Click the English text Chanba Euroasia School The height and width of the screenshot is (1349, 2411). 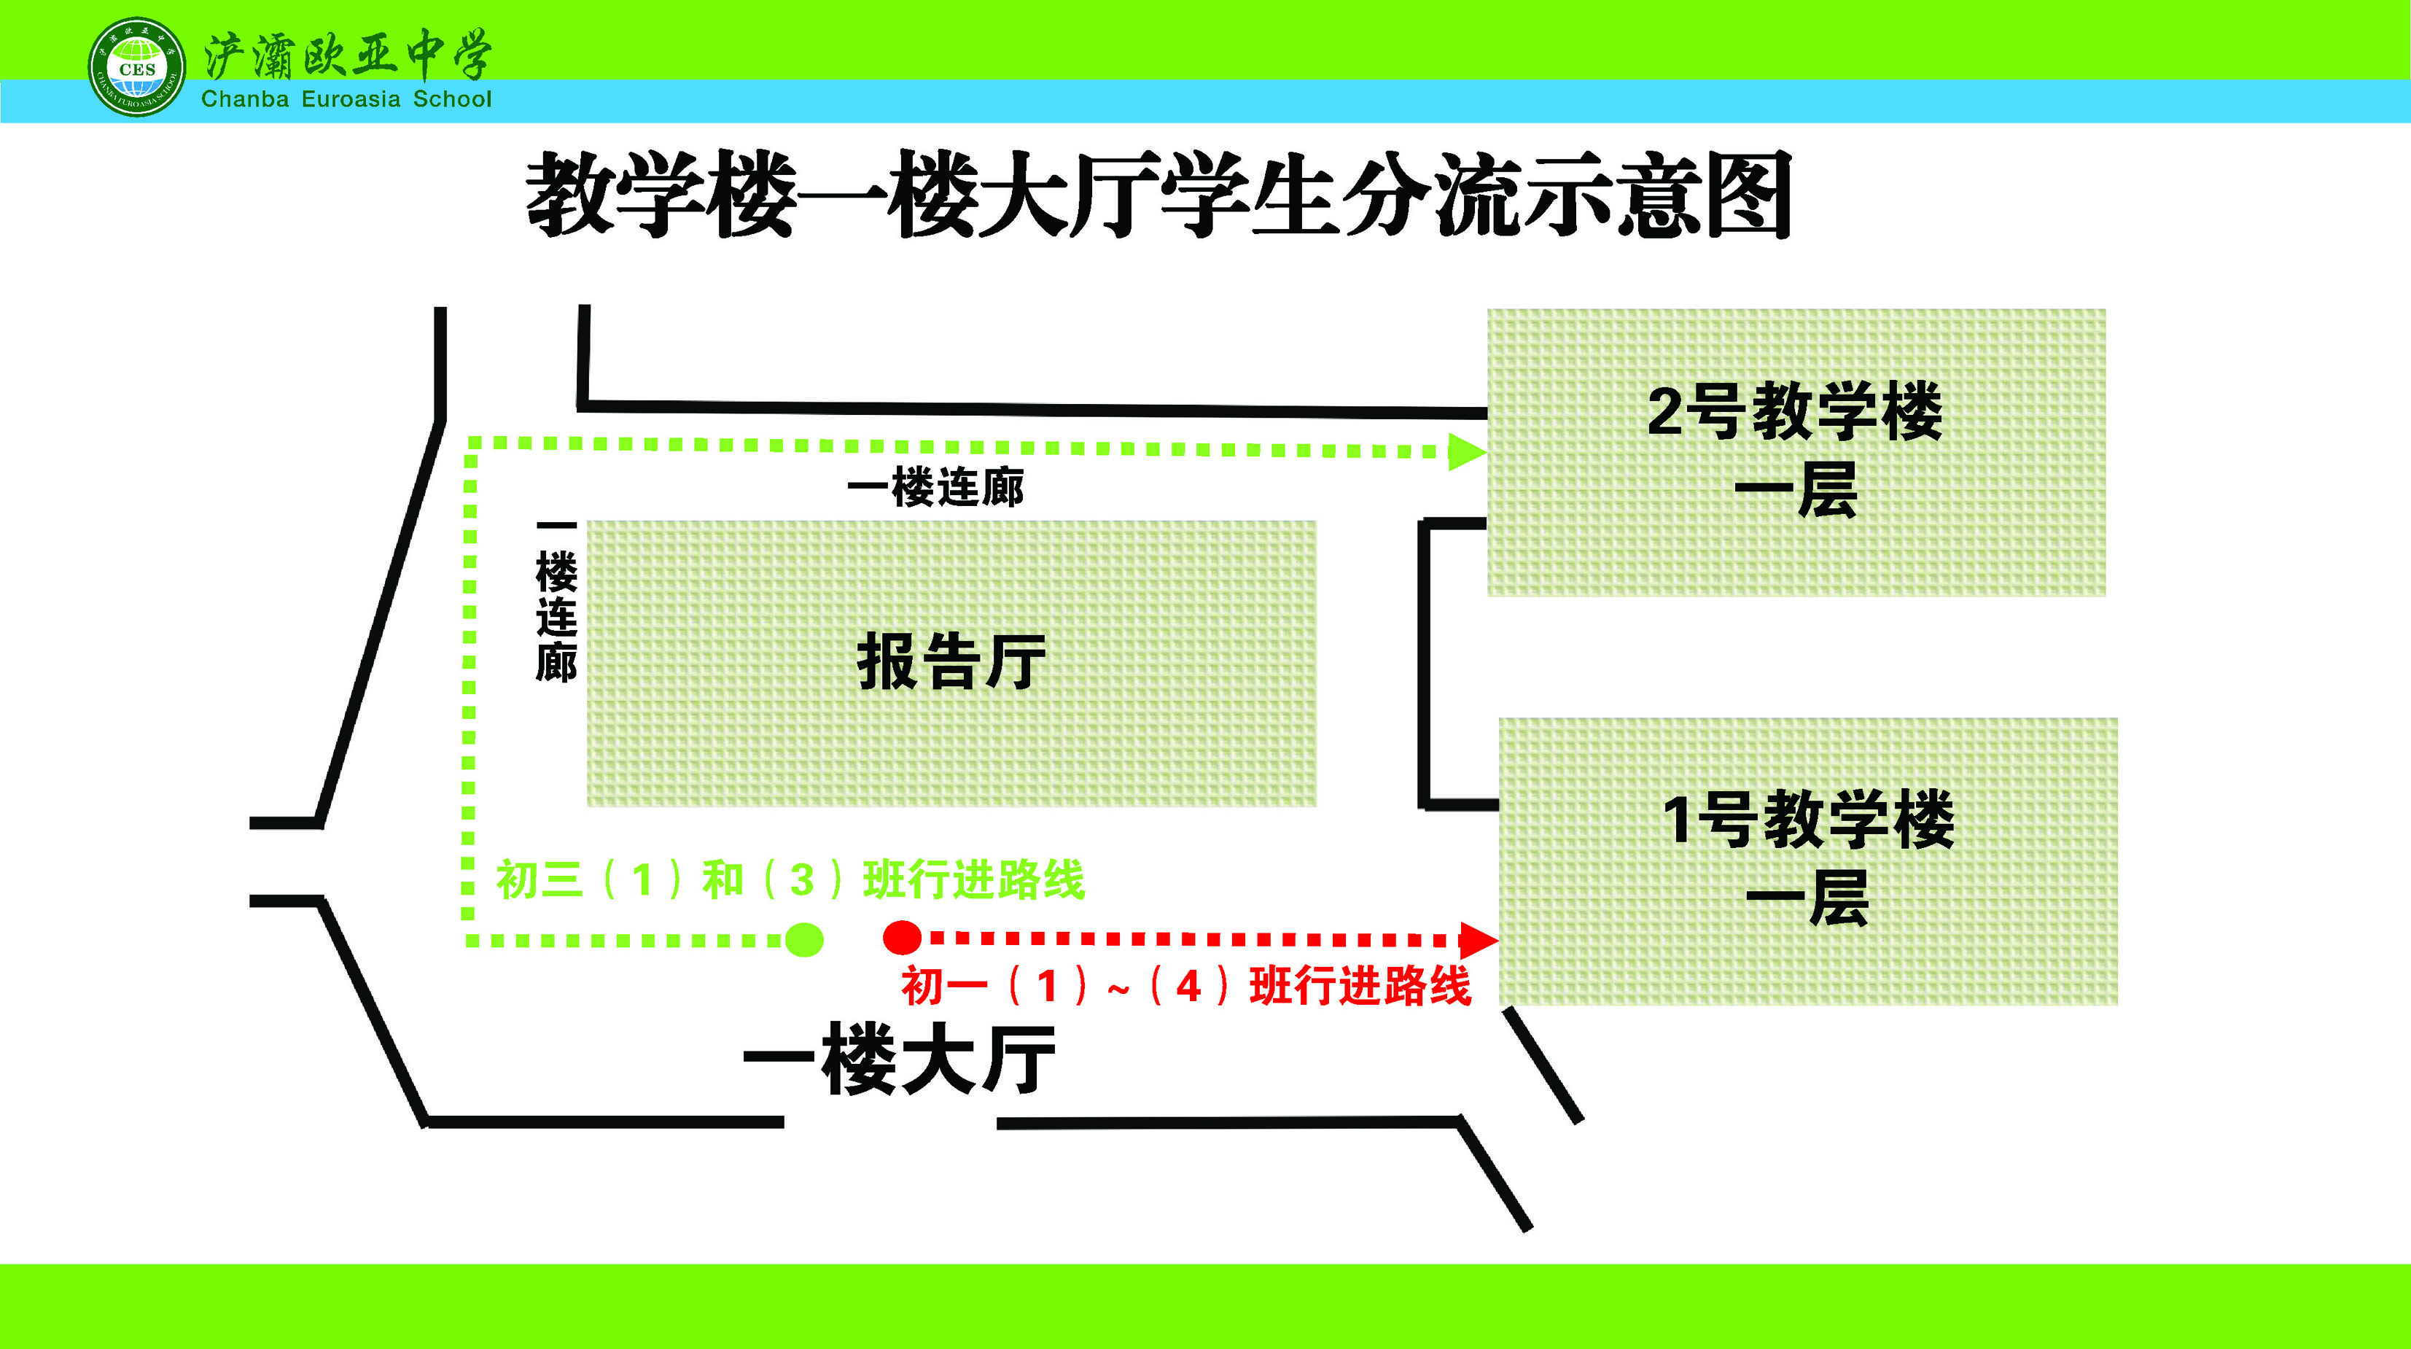coord(346,99)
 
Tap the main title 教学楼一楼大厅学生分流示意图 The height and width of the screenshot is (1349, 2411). coord(1158,195)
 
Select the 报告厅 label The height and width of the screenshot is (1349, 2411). coord(951,661)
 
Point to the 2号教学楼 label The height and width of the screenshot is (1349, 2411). coord(1794,411)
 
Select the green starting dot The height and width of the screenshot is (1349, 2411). coord(804,939)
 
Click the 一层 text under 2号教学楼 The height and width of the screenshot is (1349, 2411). coord(1794,491)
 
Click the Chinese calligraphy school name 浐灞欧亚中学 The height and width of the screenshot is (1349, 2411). coord(346,55)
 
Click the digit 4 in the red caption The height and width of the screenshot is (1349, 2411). coord(1188,987)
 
